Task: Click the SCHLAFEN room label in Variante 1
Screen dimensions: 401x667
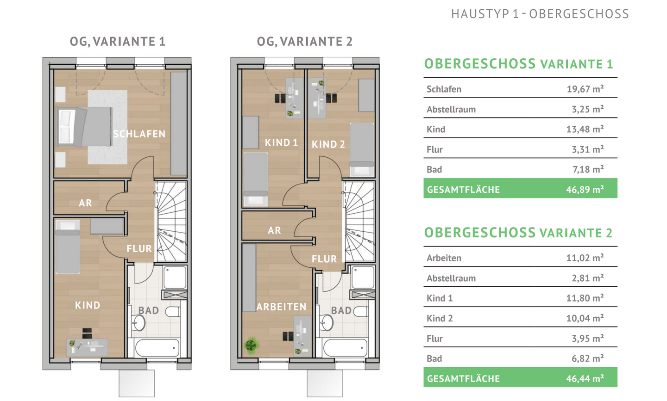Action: (x=139, y=134)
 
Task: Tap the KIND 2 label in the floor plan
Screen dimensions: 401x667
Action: (x=328, y=144)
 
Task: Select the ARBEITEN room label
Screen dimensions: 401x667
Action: (x=281, y=307)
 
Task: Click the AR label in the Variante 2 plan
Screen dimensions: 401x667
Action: (x=274, y=230)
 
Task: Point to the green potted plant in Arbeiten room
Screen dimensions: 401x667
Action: (x=251, y=345)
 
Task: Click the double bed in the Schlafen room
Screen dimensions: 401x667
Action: (x=84, y=127)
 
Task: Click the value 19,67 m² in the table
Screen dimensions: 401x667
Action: (x=585, y=89)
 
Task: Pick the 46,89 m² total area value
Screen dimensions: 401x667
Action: (x=585, y=189)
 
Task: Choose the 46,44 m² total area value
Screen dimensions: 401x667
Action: (x=585, y=378)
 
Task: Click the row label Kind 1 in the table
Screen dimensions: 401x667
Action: (x=440, y=298)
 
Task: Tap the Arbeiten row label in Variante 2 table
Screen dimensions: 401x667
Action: (x=444, y=258)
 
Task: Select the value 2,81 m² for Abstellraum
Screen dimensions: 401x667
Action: (x=587, y=278)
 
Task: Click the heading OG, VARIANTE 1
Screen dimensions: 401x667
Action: (x=117, y=42)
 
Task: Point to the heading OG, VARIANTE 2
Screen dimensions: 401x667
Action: (x=305, y=42)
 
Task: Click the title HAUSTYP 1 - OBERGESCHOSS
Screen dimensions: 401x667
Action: (x=540, y=14)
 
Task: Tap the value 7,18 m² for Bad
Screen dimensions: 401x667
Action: (x=588, y=169)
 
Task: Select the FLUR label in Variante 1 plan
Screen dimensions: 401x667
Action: (x=139, y=249)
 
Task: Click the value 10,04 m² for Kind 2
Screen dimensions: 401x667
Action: (x=585, y=318)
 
